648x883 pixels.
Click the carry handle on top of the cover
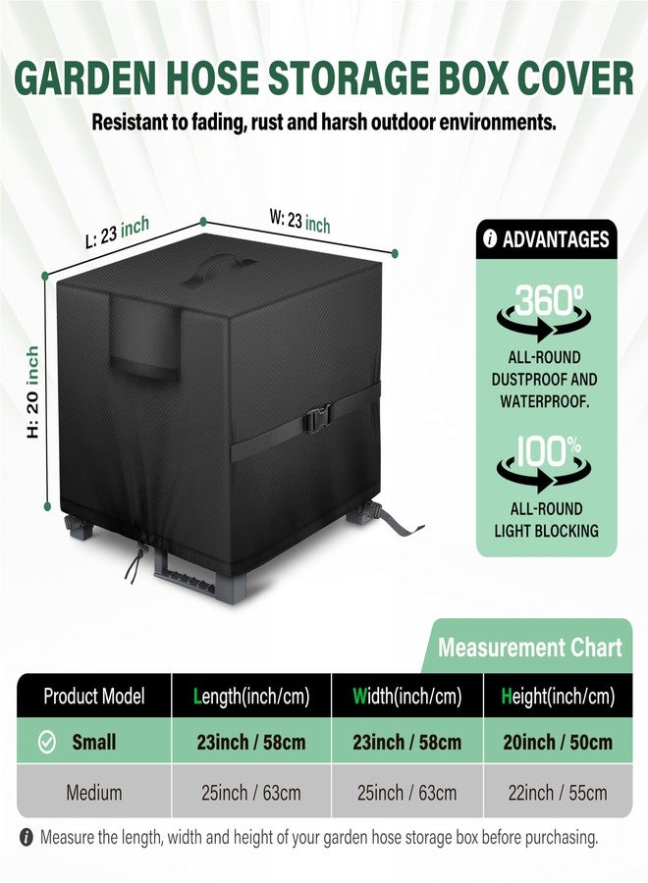(218, 269)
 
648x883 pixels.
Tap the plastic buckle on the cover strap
(317, 418)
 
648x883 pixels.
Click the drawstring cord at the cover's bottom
(135, 559)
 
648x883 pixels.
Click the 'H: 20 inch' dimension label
(32, 391)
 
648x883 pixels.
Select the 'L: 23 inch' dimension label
(117, 232)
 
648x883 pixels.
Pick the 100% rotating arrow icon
(544, 463)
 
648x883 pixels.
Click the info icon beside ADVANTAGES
(490, 239)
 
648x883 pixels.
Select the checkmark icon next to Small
(46, 742)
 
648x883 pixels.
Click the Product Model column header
(94, 696)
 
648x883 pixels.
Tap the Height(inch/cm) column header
(558, 697)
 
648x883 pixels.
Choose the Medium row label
(94, 793)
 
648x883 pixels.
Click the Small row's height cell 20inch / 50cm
(558, 743)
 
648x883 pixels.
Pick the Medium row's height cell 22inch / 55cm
(558, 793)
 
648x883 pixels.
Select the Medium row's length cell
(251, 793)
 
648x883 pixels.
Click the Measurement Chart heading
(530, 648)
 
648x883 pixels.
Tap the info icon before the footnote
(26, 838)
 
